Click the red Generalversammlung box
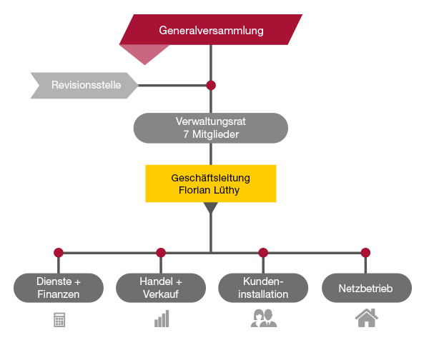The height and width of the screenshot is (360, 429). [x=211, y=31]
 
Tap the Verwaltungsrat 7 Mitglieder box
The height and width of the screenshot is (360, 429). [x=211, y=128]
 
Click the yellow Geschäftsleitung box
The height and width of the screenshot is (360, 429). [x=211, y=184]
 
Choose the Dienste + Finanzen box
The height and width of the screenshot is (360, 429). [x=59, y=288]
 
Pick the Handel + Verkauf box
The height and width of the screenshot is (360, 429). [x=161, y=288]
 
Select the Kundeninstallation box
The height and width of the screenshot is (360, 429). [x=263, y=288]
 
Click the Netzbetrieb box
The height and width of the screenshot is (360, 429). [x=366, y=288]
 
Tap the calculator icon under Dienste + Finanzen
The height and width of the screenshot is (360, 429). [x=59, y=320]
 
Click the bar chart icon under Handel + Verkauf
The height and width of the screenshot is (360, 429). [x=161, y=319]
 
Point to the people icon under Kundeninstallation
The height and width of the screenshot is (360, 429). [x=263, y=319]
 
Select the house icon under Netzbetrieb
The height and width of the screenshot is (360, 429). [x=366, y=318]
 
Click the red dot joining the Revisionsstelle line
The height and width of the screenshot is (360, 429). [x=211, y=86]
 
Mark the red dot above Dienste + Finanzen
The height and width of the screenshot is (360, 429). [x=59, y=252]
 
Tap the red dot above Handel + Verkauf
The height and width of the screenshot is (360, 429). [x=161, y=252]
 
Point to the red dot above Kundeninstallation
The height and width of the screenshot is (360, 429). [x=263, y=252]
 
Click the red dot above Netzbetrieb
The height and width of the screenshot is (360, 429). [x=366, y=252]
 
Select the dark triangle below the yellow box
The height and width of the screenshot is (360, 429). [x=211, y=209]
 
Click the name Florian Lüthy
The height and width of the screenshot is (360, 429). [x=211, y=191]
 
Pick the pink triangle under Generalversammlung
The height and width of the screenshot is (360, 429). [x=145, y=53]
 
